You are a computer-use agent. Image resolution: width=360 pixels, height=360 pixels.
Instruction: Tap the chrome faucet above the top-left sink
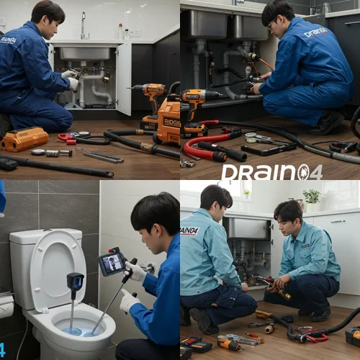point(84,26)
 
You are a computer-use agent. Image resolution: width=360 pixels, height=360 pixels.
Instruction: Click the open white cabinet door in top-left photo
point(123,78)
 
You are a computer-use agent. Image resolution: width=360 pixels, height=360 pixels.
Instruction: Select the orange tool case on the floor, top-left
point(24,138)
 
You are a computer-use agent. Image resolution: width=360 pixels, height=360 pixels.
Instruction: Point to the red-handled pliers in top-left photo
point(67,137)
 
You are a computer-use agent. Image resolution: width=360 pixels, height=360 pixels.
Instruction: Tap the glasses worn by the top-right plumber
point(271,24)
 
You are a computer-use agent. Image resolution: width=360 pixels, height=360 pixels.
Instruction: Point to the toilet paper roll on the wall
point(6,306)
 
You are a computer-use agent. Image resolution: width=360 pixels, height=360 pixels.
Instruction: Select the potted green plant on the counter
point(312,197)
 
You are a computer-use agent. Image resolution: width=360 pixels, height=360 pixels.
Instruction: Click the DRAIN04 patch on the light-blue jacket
point(190,231)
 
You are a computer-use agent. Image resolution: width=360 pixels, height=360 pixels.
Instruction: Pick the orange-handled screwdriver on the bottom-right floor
point(229,343)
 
